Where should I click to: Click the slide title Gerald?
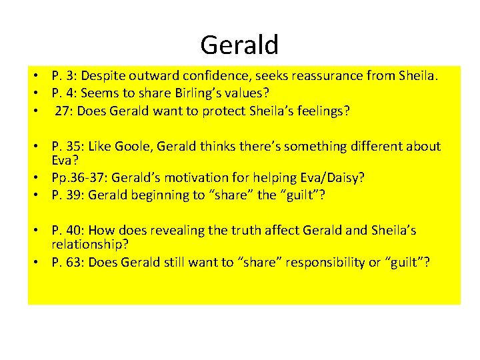[x=239, y=45]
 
